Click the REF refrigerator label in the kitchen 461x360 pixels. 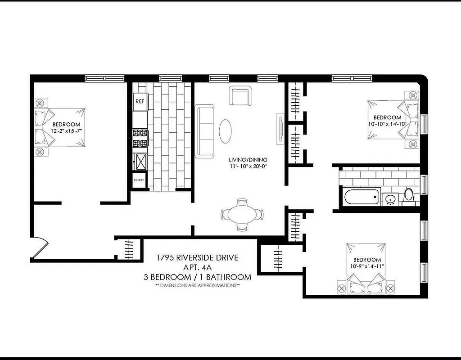[x=140, y=101]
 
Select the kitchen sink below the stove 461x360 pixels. [x=140, y=161]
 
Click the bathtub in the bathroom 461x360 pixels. [x=360, y=197]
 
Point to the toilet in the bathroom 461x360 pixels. [x=409, y=196]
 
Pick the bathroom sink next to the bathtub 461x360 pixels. [x=390, y=198]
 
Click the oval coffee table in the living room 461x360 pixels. [x=226, y=131]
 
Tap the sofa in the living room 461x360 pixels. [x=204, y=131]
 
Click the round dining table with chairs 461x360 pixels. [x=242, y=215]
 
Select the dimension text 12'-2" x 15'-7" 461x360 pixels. [x=66, y=131]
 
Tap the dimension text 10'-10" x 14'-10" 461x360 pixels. [x=387, y=124]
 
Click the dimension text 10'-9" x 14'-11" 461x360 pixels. [x=367, y=266]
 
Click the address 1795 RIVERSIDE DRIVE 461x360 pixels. [x=197, y=258]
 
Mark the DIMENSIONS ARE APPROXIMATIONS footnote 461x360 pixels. [x=197, y=285]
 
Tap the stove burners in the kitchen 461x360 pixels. [x=140, y=138]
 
